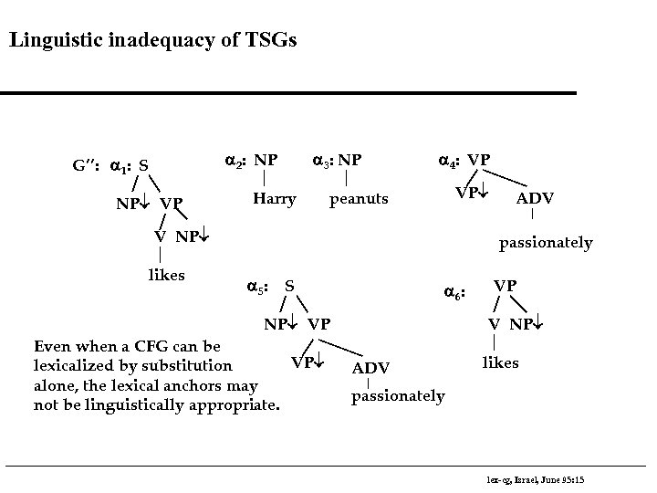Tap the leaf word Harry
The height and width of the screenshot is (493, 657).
click(x=274, y=198)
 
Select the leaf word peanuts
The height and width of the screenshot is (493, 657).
click(x=359, y=198)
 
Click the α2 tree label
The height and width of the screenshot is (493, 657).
click(x=236, y=161)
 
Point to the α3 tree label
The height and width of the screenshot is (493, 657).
click(x=321, y=161)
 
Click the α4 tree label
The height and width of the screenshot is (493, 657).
click(x=449, y=161)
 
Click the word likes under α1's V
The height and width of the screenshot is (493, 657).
click(x=166, y=275)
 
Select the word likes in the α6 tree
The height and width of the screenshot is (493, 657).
click(x=500, y=362)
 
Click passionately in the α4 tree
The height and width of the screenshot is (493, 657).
click(x=545, y=243)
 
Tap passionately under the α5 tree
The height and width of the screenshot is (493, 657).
click(x=398, y=395)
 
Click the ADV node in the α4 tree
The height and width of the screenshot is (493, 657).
click(x=535, y=198)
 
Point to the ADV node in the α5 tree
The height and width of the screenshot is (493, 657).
click(x=370, y=367)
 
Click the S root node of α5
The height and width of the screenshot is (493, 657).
click(x=289, y=287)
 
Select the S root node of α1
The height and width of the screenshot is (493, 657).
click(x=145, y=166)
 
